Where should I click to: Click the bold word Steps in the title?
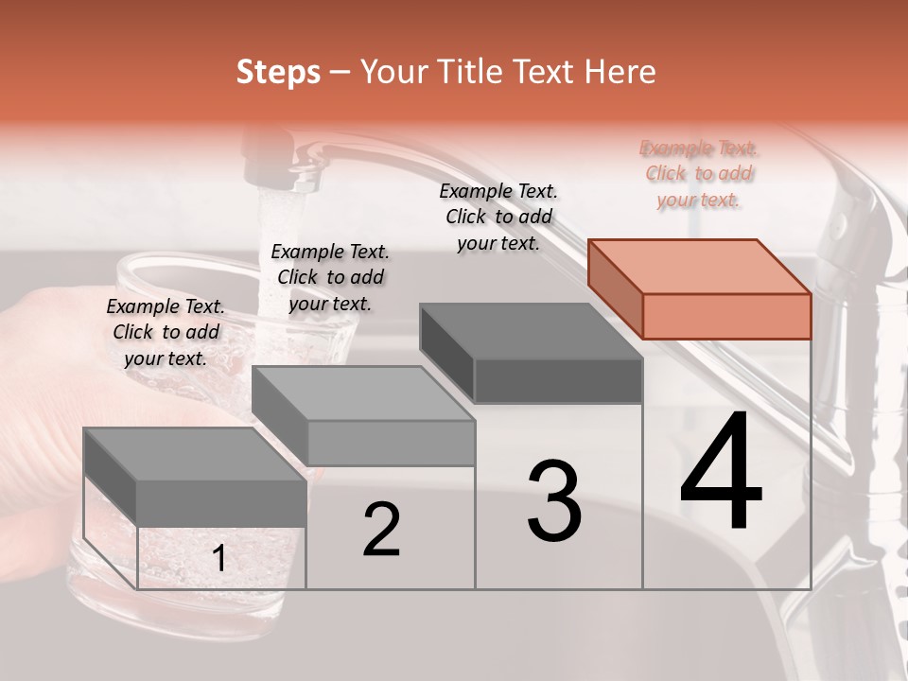tap(278, 73)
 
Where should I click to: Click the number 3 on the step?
tap(554, 502)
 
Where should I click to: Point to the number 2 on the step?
tap(382, 530)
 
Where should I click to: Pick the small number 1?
tap(219, 559)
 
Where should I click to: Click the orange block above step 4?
tap(700, 289)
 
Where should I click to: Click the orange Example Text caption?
tap(699, 174)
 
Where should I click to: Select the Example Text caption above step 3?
tap(498, 217)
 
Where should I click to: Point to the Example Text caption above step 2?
tap(330, 277)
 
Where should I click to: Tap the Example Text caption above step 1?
tap(166, 332)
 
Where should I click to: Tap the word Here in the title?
tap(621, 73)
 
